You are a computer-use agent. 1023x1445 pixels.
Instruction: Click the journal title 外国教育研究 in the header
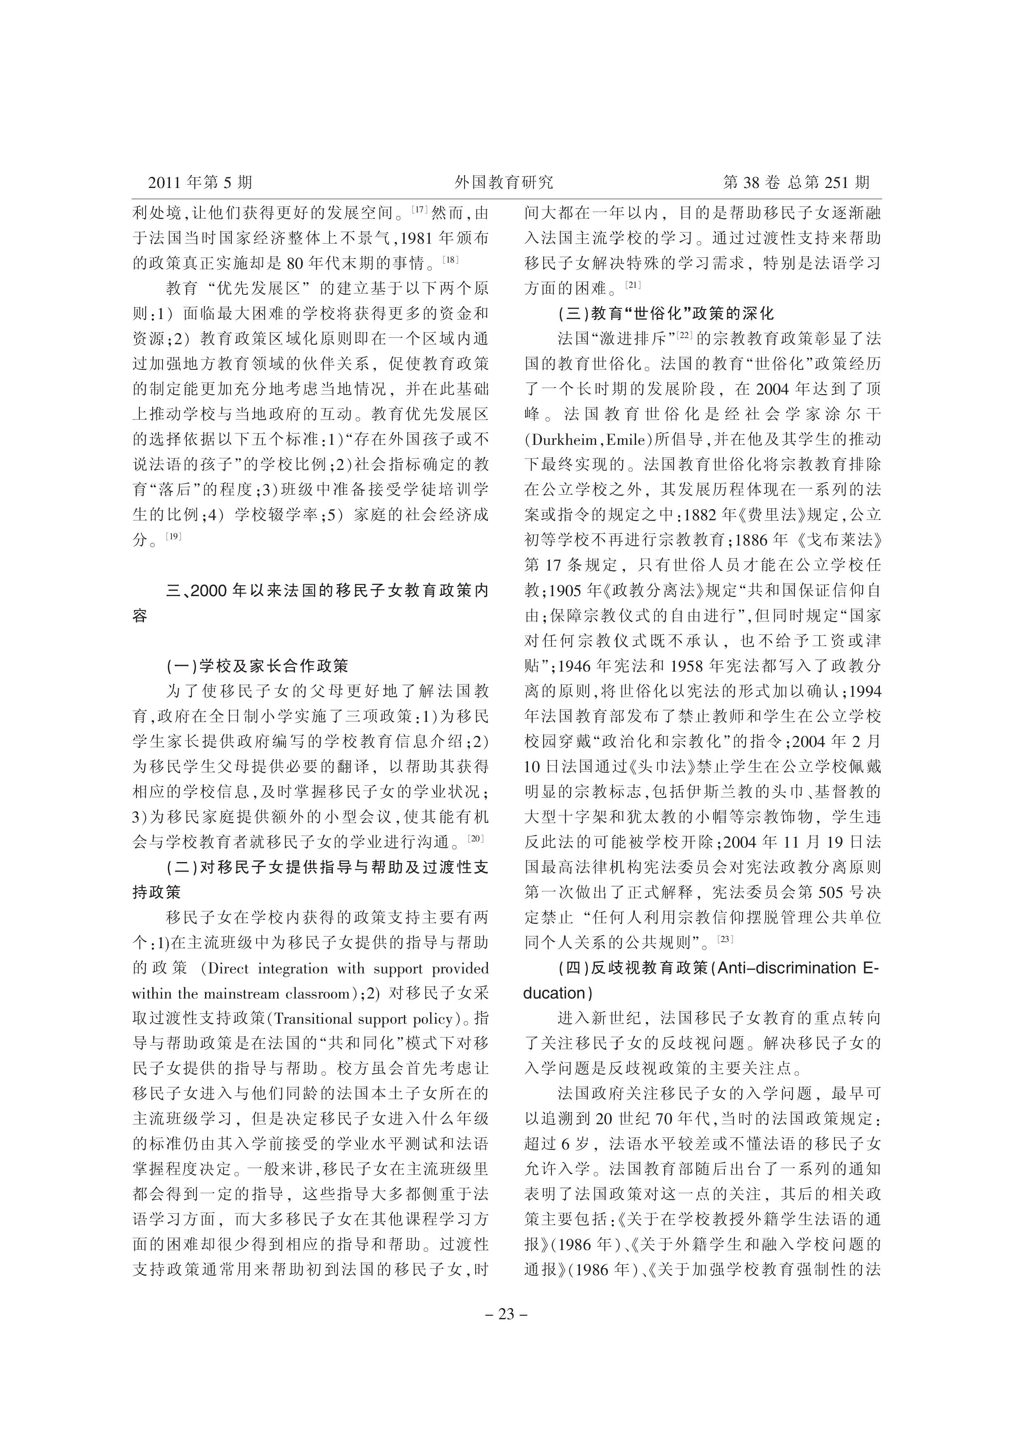(504, 183)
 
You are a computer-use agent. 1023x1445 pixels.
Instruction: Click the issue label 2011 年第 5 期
(200, 183)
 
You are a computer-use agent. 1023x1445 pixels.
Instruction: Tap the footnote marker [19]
(173, 536)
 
